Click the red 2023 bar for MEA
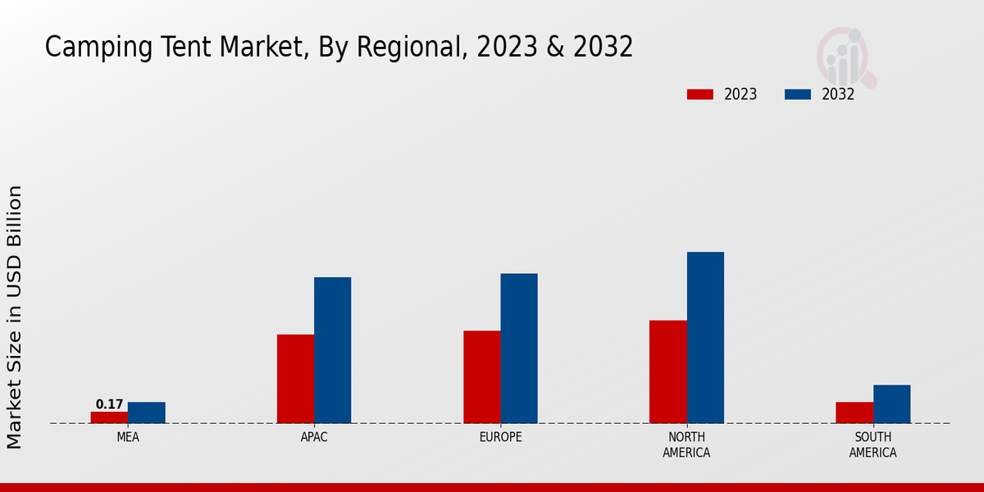pos(109,417)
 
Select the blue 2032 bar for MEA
pos(146,412)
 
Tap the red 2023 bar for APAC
pos(295,379)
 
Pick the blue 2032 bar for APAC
pos(332,350)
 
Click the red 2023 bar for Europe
pos(481,377)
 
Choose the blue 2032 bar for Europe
pos(519,348)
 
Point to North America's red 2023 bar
pos(667,371)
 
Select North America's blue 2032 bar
pos(705,338)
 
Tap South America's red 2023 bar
pos(854,412)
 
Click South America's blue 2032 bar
pos(891,404)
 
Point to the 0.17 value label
pos(109,404)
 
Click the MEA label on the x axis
pos(128,437)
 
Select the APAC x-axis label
pos(314,437)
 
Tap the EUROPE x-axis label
pos(500,437)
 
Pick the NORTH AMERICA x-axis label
pos(686,444)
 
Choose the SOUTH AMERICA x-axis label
pos(872,444)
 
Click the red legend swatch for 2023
pos(699,94)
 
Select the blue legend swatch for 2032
pos(797,94)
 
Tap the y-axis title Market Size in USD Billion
pos(15,317)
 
